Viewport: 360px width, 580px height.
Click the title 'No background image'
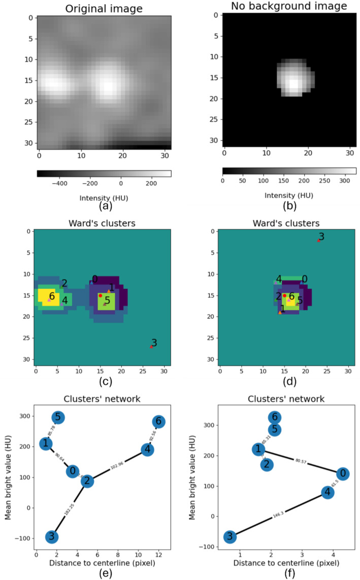pyautogui.click(x=289, y=7)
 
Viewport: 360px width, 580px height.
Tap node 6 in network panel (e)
pyautogui.click(x=158, y=422)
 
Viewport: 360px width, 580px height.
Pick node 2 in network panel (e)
pyautogui.click(x=87, y=481)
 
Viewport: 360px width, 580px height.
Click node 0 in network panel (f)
pyautogui.click(x=343, y=473)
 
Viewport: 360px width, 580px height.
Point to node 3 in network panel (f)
pyautogui.click(x=230, y=537)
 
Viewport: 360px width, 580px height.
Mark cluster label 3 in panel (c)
pyautogui.click(x=154, y=343)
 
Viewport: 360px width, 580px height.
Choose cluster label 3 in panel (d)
pyautogui.click(x=321, y=236)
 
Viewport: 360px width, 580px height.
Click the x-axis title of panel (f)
pyautogui.click(x=287, y=563)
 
